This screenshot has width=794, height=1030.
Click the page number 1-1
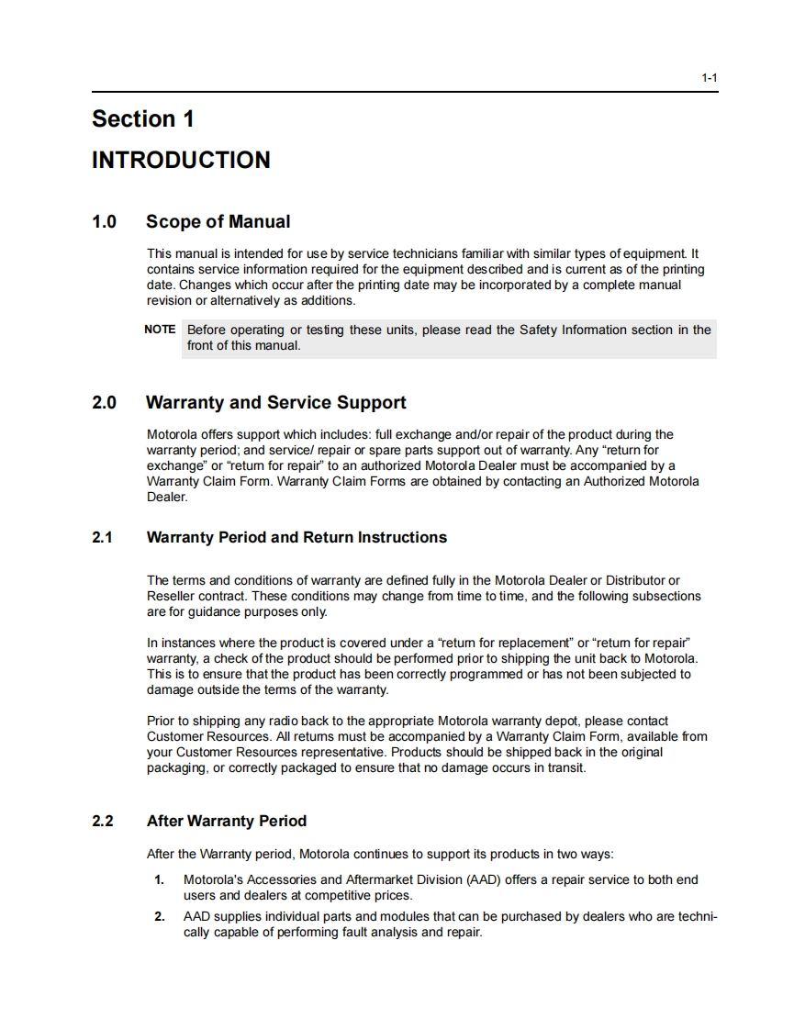[x=709, y=78]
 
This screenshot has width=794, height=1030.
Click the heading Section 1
[x=143, y=119]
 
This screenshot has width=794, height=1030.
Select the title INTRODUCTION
[x=181, y=161]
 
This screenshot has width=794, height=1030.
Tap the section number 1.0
[x=104, y=222]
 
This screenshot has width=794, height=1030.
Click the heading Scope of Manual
[x=218, y=222]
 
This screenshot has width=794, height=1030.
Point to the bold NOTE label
[x=160, y=330]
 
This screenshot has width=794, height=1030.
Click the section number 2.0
[x=104, y=403]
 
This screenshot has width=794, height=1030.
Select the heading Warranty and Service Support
[x=275, y=403]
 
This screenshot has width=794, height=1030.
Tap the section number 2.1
[x=102, y=538]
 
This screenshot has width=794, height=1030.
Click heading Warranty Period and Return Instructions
[x=296, y=538]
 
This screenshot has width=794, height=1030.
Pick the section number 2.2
[x=102, y=822]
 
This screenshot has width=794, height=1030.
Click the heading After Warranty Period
[x=226, y=822]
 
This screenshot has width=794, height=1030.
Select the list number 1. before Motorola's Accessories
[x=160, y=880]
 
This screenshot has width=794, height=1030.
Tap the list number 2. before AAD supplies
[x=160, y=917]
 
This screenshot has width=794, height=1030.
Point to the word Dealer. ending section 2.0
[x=167, y=497]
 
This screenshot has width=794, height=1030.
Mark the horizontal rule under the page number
[x=404, y=92]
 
